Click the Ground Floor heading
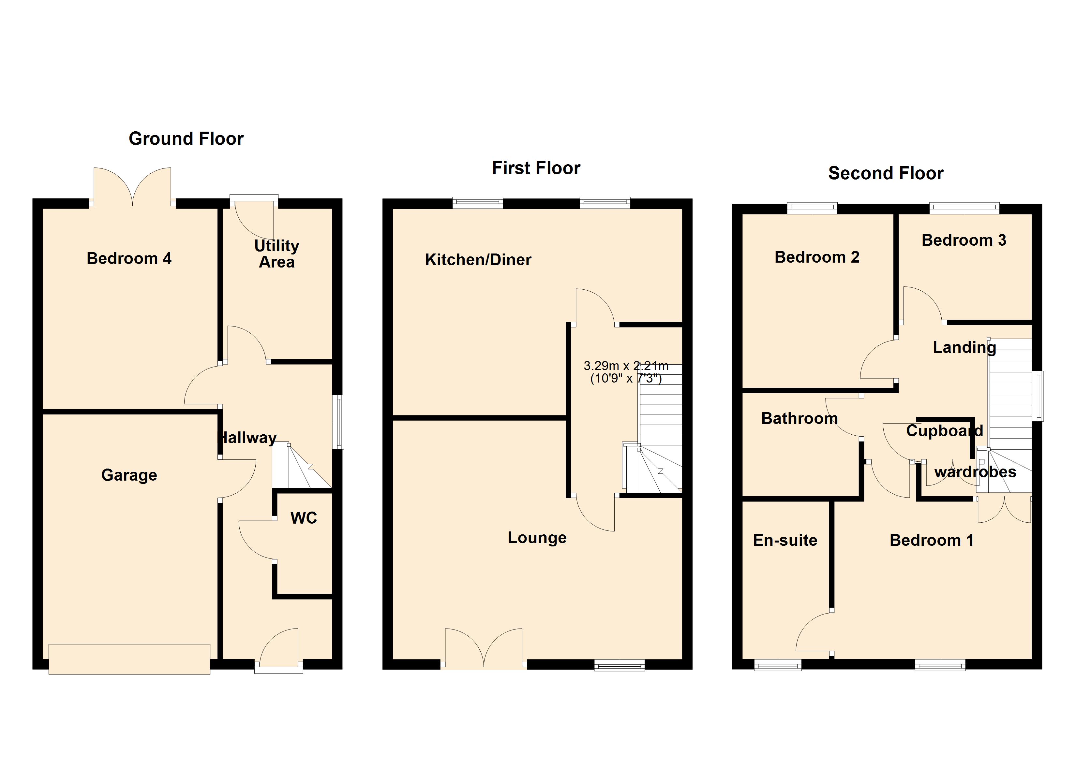186,139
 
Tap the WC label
303,518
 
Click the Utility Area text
276,254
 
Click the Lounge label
537,538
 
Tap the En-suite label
785,540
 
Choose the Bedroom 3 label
963,240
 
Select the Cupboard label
944,431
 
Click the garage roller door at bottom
129,659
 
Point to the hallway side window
338,422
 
